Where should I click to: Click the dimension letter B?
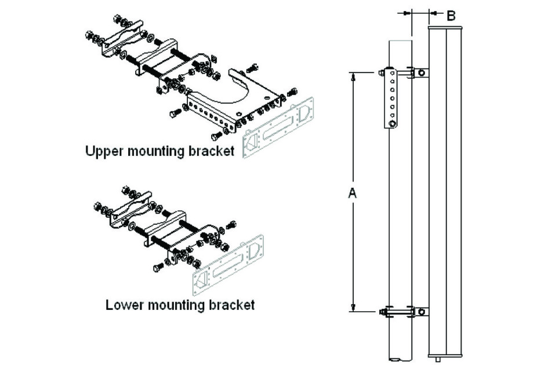coord(451,16)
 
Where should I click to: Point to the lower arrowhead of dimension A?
coord(353,308)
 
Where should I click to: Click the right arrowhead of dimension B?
coord(433,12)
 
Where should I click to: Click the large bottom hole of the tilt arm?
coord(393,123)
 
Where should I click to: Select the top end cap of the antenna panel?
coord(445,27)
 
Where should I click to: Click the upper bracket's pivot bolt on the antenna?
coord(422,73)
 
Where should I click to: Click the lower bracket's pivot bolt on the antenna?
coord(422,312)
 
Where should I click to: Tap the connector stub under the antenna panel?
coord(446,359)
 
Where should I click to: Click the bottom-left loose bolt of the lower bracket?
coord(159,268)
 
